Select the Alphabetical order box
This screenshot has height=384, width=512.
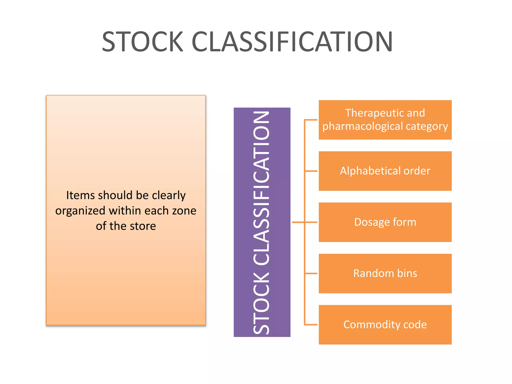click(385, 171)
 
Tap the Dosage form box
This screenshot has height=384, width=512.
click(385, 222)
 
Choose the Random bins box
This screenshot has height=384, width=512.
click(385, 273)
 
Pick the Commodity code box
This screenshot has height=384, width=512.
click(385, 325)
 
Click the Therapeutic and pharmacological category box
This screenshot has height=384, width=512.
click(385, 120)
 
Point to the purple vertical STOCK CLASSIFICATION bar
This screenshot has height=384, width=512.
click(262, 222)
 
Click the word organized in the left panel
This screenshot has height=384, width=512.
click(80, 211)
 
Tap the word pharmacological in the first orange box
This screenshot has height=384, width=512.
click(362, 126)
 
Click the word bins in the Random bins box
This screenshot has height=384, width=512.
click(407, 273)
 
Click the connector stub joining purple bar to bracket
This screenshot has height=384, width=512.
click(298, 222)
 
